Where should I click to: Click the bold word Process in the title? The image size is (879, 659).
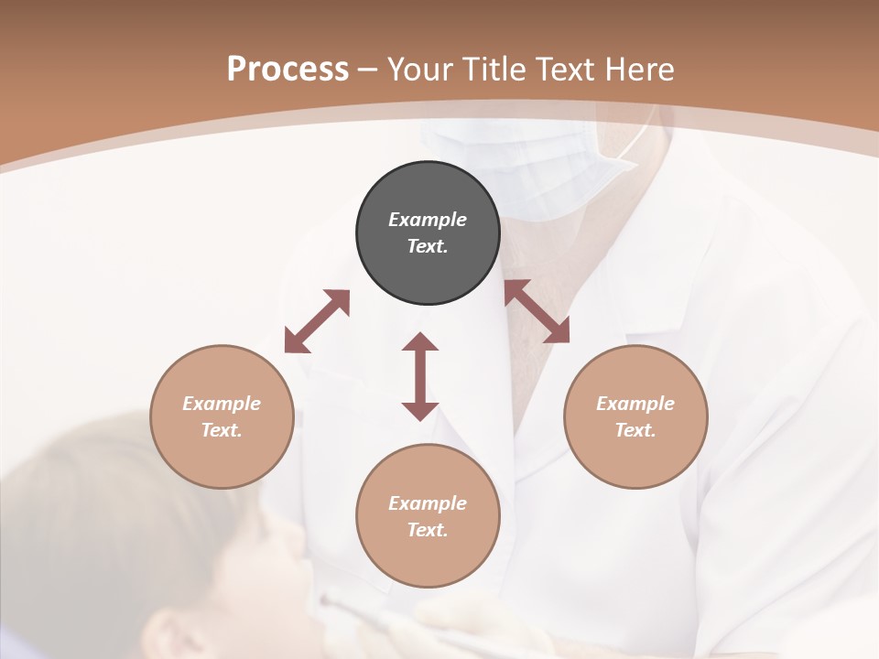[x=288, y=70]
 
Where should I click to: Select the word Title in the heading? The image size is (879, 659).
[x=493, y=70]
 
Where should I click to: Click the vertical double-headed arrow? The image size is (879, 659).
[x=420, y=376]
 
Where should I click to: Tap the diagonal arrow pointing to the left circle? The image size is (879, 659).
[x=317, y=321]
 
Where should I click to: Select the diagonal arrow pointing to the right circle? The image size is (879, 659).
[x=537, y=311]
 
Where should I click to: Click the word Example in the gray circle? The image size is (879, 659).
[x=428, y=220]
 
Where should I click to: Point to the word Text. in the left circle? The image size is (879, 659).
[x=222, y=430]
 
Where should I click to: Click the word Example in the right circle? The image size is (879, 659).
[x=635, y=404]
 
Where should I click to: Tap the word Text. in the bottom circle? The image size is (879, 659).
[x=428, y=530]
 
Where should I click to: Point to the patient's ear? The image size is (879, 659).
[x=174, y=632]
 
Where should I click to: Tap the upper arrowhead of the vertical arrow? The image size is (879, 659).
[x=420, y=341]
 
